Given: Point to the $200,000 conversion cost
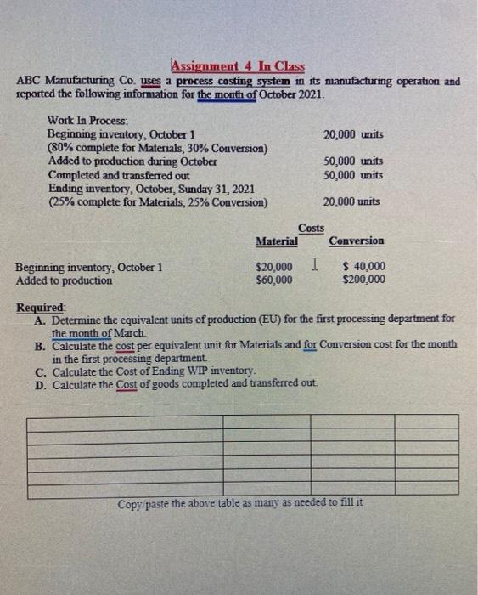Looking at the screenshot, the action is tap(363, 280).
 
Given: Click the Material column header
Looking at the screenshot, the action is tap(276, 241).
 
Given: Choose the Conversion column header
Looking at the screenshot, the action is tap(357, 241).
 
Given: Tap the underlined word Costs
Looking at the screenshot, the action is tap(311, 229).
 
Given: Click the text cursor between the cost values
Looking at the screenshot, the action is tap(314, 266).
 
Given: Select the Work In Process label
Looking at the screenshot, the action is tap(88, 122).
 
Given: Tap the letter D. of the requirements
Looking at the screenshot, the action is tap(41, 384).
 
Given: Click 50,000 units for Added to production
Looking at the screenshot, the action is tap(353, 161).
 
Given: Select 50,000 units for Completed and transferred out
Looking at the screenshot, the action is tap(353, 175).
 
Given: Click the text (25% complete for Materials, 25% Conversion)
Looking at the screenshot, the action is tap(158, 201).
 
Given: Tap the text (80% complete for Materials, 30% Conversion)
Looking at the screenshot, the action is tap(159, 149).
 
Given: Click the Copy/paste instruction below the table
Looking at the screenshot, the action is tap(240, 503).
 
